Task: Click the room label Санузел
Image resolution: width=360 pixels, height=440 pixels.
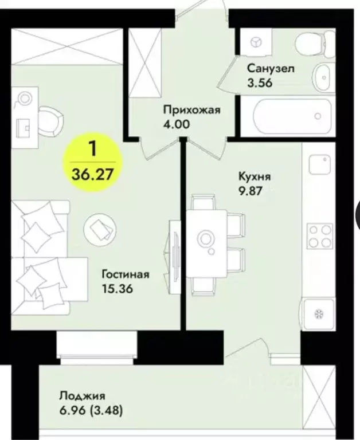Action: point(271,69)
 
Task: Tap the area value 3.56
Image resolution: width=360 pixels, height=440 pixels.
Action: point(259,82)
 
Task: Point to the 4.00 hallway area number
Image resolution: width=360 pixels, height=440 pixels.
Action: point(176,124)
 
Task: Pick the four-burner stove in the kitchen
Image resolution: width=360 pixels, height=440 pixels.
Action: point(319,235)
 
